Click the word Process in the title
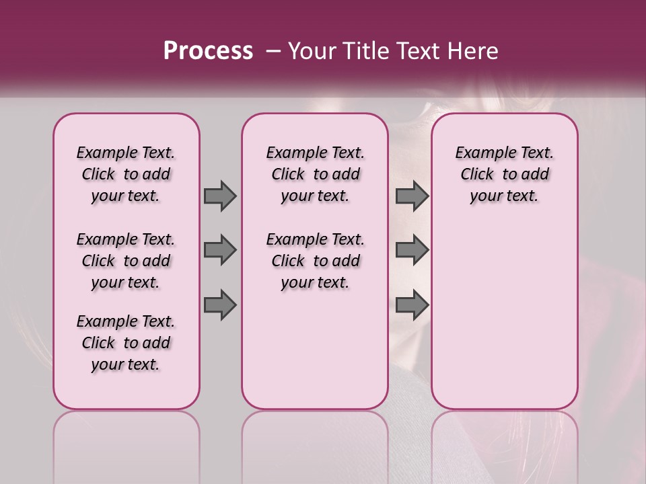pos(208,50)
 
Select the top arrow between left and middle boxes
pos(220,196)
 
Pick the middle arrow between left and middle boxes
pos(220,250)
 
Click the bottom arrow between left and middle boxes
pos(220,305)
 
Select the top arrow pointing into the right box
pos(412,196)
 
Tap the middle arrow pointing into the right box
pos(412,250)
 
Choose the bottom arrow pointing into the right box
pos(412,305)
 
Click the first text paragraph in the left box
pos(126,174)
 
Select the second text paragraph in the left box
pos(126,261)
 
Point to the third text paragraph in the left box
pos(126,343)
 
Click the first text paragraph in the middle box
pos(316,174)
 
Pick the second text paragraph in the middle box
pos(316,261)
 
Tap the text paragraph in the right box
pos(505,174)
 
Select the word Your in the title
pos(314,50)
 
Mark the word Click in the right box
pos(477,175)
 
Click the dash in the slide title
pos(273,50)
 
